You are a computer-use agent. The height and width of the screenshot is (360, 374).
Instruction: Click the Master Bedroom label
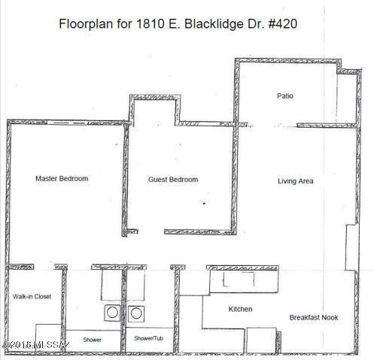(x=62, y=179)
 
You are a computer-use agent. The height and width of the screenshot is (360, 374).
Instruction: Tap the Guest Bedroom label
(x=173, y=180)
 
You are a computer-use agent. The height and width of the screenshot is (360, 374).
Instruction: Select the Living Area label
(x=296, y=181)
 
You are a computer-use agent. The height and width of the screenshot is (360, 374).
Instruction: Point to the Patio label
(x=285, y=96)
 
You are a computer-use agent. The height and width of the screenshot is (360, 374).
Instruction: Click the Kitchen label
(x=240, y=309)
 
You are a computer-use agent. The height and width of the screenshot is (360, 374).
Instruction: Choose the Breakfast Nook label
(x=314, y=318)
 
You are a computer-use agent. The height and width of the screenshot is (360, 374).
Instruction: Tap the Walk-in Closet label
(x=32, y=297)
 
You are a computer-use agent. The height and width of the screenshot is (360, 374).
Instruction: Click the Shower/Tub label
(x=148, y=338)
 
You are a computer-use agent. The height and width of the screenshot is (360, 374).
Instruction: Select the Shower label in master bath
(x=93, y=340)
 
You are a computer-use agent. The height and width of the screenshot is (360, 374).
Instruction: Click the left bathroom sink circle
(x=112, y=313)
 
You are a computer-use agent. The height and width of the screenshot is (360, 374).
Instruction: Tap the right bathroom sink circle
(x=136, y=313)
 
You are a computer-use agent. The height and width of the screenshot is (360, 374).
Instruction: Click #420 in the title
(x=283, y=24)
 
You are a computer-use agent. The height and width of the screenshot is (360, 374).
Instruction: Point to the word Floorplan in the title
(x=86, y=24)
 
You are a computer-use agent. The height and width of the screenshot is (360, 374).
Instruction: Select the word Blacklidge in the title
(x=214, y=25)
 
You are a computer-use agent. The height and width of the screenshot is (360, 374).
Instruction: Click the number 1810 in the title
(x=151, y=24)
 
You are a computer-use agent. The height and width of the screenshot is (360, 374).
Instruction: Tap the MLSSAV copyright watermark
(x=36, y=345)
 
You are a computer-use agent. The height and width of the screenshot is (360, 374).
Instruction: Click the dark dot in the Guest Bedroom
(x=204, y=204)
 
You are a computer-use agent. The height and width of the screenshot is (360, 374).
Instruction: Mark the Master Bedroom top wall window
(x=67, y=123)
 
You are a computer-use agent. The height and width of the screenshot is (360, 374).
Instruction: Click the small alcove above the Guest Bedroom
(x=154, y=111)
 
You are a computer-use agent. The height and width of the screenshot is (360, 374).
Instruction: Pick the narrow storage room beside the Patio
(x=347, y=98)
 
